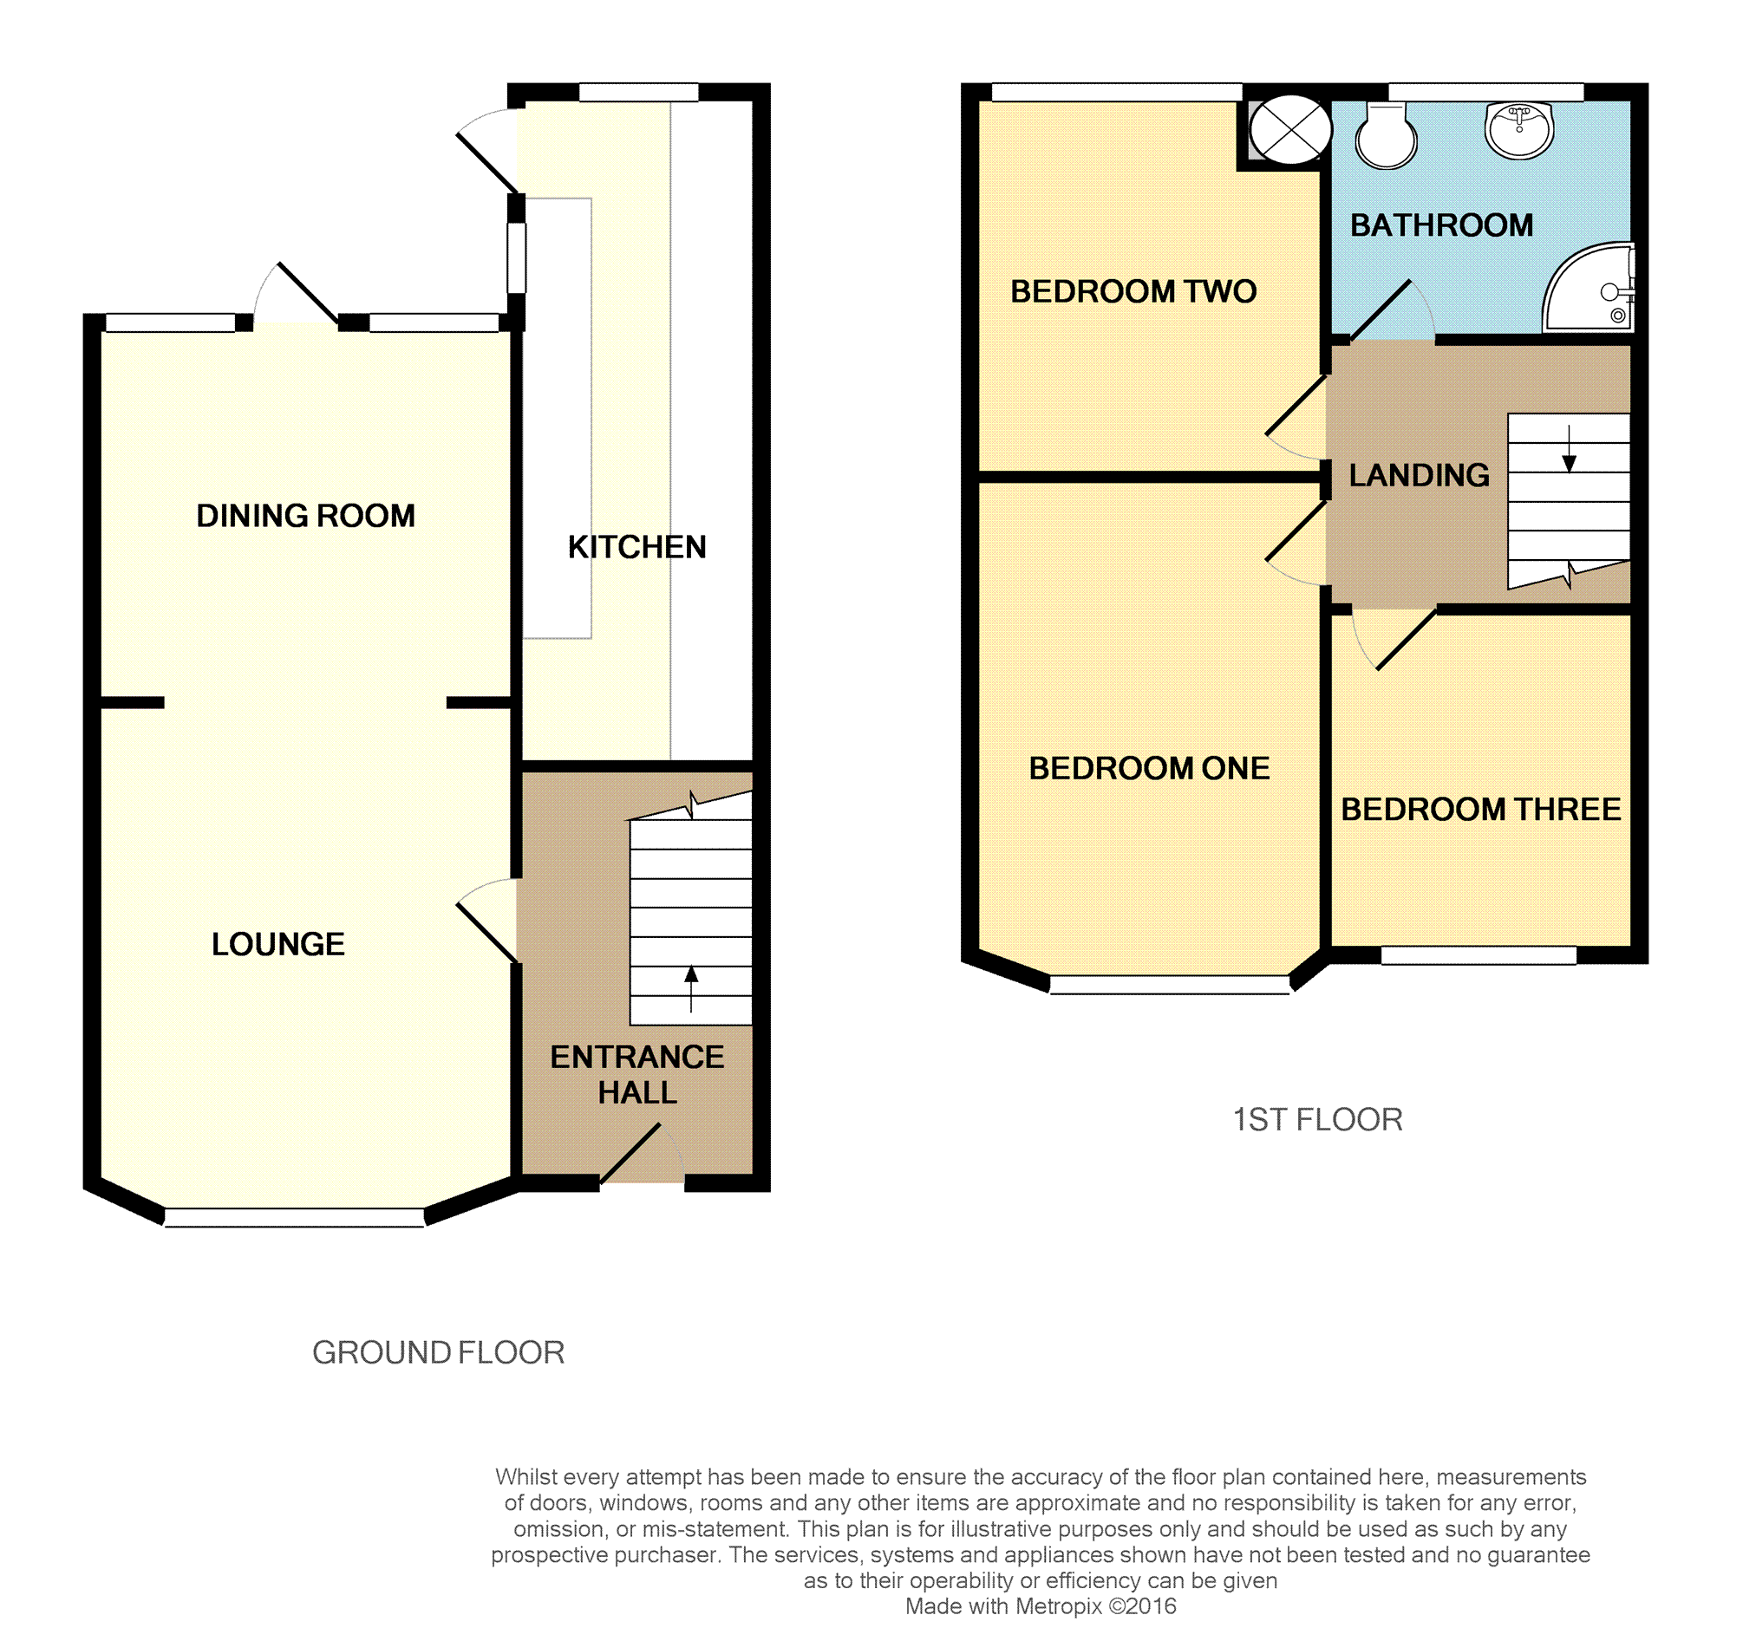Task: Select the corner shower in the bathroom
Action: (x=1589, y=287)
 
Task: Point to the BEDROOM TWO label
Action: (x=1133, y=291)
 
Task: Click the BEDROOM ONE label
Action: (x=1149, y=768)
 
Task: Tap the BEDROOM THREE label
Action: (x=1480, y=810)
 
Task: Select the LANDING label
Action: (x=1420, y=476)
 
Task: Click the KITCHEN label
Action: (x=637, y=547)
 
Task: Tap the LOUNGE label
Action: (x=277, y=944)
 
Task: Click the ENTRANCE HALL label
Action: (x=637, y=1075)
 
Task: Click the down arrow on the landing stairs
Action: (x=1569, y=449)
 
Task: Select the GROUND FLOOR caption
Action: (x=438, y=1352)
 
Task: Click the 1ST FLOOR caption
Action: (x=1317, y=1120)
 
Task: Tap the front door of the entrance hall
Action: (x=642, y=1153)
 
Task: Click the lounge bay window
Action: (x=294, y=1217)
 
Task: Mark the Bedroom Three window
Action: (x=1479, y=955)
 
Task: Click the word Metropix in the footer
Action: (x=1058, y=1606)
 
